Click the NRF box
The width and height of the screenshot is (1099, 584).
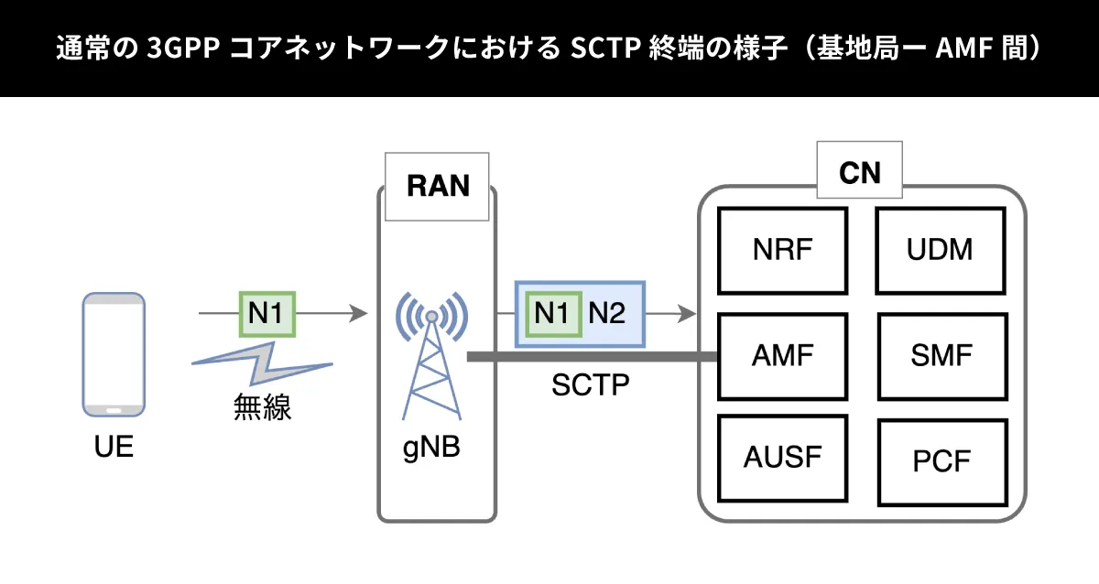pyautogui.click(x=783, y=250)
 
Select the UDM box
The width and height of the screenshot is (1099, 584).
pyautogui.click(x=941, y=250)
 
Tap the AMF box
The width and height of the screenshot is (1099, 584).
pyautogui.click(x=783, y=355)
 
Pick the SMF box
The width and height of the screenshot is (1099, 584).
pyautogui.click(x=941, y=355)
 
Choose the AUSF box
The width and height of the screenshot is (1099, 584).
pyautogui.click(x=783, y=457)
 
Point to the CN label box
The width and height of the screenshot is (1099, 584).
pyautogui.click(x=859, y=170)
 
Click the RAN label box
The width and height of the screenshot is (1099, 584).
pyautogui.click(x=437, y=187)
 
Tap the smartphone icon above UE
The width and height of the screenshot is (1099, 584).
pyautogui.click(x=114, y=354)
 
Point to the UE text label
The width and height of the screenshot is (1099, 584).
pyautogui.click(x=114, y=448)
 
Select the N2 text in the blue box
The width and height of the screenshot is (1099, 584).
pyautogui.click(x=606, y=314)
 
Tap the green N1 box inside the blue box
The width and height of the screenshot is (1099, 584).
pyautogui.click(x=554, y=314)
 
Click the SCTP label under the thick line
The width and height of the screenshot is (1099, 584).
pyautogui.click(x=590, y=384)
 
